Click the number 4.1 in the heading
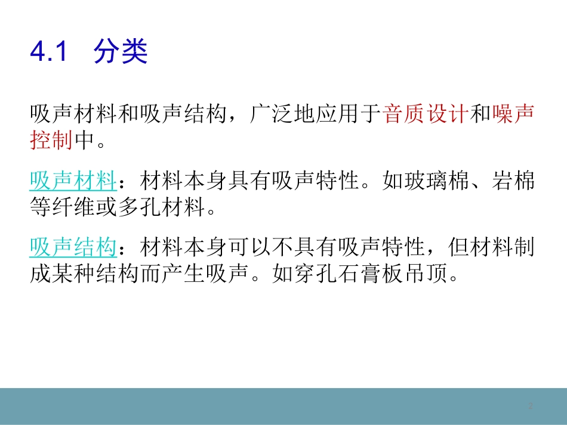click(x=47, y=53)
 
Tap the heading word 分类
click(x=120, y=52)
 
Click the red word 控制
click(x=51, y=141)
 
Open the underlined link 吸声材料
click(x=72, y=179)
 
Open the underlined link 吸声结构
click(x=72, y=246)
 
